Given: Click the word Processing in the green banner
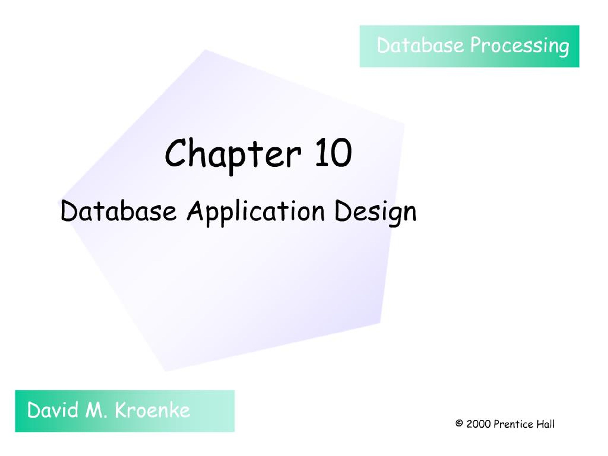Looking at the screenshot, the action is tap(519, 46).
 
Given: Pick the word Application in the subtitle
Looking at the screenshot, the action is tap(256, 213).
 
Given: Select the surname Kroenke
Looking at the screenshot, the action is tap(152, 410).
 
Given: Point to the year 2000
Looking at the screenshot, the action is tap(479, 424).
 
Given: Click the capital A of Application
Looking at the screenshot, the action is tap(196, 211).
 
